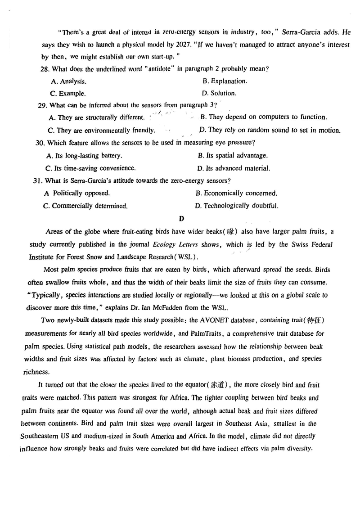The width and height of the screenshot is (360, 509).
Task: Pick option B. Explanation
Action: [225, 81]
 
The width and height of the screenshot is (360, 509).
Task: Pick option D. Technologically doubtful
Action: [237, 206]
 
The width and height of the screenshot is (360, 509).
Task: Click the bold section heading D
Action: [181, 219]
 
